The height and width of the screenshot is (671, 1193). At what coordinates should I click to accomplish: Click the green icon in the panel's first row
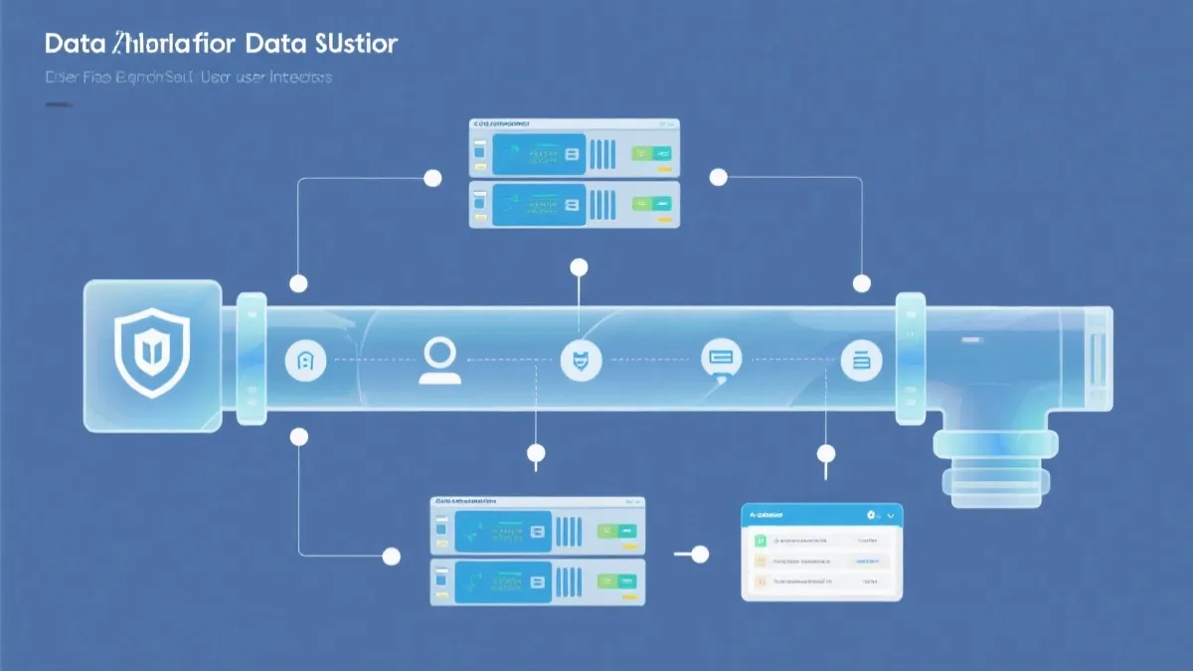tap(762, 540)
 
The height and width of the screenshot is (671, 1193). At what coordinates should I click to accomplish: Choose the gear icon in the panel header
tap(871, 515)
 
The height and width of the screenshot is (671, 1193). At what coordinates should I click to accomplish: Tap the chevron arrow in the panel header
tap(891, 515)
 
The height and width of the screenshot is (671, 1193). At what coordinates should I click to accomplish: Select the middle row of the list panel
tap(821, 560)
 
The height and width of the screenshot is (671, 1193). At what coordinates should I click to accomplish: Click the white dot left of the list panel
tap(700, 555)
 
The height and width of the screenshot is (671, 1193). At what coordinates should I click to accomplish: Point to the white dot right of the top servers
tap(718, 177)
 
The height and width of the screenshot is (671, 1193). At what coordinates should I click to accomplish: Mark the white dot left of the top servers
tap(432, 178)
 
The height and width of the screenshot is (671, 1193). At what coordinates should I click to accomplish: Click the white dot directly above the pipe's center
tap(579, 266)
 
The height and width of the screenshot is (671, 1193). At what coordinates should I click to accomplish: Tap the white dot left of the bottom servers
tap(392, 556)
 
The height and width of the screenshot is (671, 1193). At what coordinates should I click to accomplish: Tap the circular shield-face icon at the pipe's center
tap(581, 359)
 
